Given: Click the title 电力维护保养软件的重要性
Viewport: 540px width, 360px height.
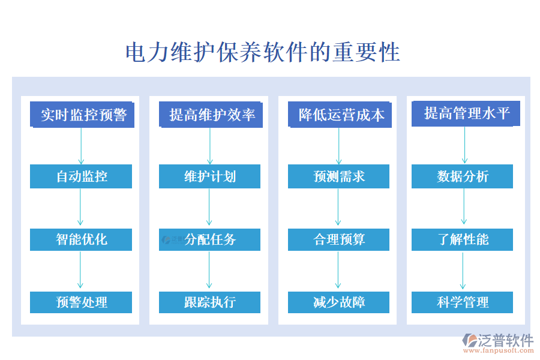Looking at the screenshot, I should (x=263, y=52).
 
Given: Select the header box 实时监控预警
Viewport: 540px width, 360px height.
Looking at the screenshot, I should (x=82, y=115).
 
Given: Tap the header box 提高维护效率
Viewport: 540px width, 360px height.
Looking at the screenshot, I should (x=211, y=115).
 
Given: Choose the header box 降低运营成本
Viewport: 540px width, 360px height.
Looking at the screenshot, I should (x=340, y=115).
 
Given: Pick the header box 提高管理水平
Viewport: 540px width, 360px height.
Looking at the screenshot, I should (x=466, y=113).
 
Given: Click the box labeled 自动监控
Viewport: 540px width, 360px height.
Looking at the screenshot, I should (x=81, y=176).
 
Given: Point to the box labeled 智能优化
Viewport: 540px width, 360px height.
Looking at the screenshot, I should (x=81, y=239).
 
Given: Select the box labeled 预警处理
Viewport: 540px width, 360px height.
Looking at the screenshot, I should (x=81, y=302).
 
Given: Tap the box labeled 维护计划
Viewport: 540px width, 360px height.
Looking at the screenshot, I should (x=209, y=176).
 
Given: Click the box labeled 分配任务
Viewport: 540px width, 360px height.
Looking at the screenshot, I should (x=209, y=239).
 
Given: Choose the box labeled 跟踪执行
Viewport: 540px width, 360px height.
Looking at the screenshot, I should (x=209, y=302).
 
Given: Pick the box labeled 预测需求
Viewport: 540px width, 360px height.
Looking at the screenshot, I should (x=338, y=176).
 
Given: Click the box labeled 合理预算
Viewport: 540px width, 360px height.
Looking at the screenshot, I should (x=338, y=239).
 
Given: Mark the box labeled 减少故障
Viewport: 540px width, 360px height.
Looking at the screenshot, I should (x=338, y=302).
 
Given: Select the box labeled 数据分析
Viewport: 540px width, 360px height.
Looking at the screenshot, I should (x=462, y=176).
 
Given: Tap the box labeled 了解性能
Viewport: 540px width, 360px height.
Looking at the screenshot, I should (x=462, y=239).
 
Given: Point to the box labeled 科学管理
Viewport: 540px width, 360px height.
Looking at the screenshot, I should (x=462, y=302).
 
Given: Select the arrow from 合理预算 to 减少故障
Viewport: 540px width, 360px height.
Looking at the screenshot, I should (x=338, y=271).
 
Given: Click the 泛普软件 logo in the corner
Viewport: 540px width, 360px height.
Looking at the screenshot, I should (x=498, y=343).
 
